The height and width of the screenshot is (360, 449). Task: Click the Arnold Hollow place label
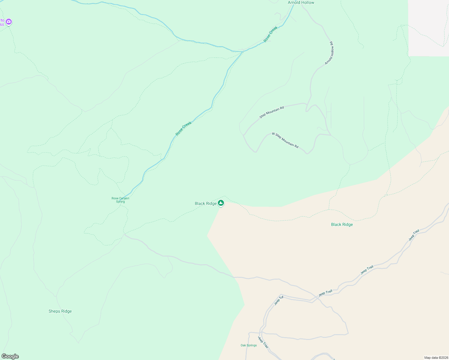301,3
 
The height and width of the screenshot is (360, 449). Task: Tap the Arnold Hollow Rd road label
329,53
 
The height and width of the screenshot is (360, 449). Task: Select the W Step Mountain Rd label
285,140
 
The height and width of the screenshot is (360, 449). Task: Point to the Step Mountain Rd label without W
272,112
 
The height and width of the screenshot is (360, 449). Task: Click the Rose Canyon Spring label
120,200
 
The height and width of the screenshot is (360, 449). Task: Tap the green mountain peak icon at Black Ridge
221,203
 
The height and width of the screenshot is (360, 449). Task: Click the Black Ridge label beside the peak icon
206,203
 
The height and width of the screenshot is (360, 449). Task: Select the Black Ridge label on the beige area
342,224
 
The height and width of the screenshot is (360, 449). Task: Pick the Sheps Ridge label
60,311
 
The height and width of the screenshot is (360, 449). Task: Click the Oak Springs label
249,345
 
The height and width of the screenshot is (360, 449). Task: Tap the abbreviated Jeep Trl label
279,301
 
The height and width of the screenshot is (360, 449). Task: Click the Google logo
10,356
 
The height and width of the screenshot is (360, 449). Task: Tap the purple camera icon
9,22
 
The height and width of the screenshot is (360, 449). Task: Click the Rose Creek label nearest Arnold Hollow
270,34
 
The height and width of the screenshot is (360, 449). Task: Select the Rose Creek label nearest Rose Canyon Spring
183,128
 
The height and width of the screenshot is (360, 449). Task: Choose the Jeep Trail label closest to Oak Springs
263,342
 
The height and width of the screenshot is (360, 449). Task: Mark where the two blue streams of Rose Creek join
243,52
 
